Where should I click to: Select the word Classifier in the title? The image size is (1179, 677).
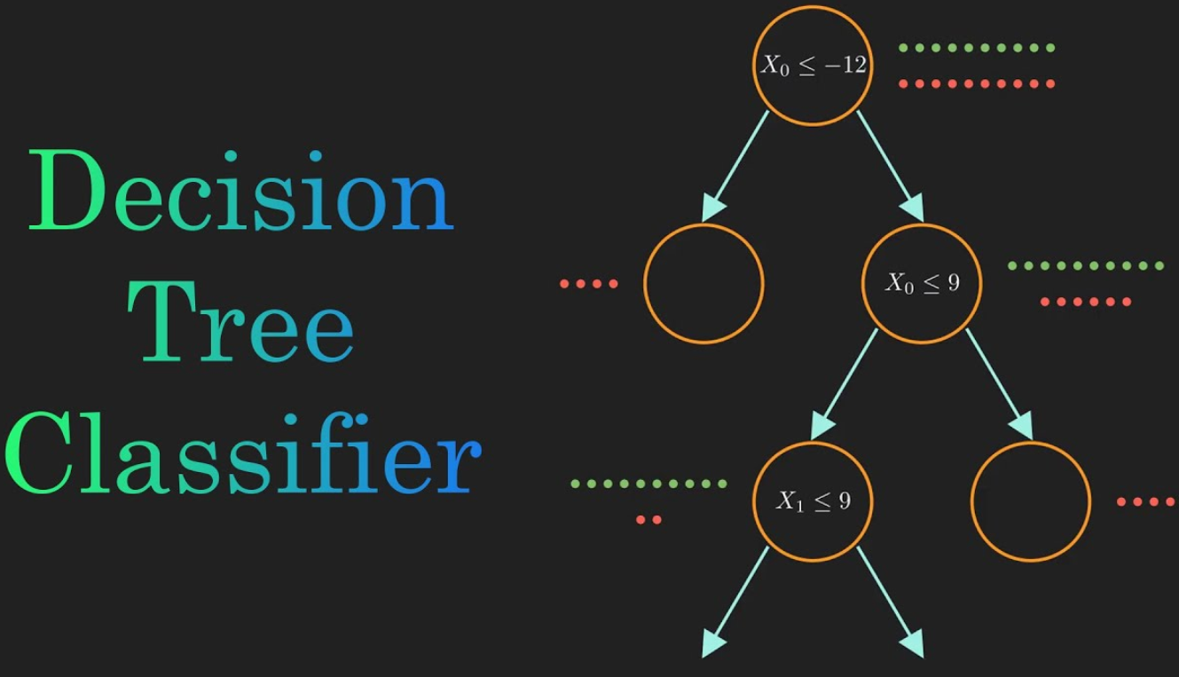point(243,453)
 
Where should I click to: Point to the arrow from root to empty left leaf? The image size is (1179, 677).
point(735,166)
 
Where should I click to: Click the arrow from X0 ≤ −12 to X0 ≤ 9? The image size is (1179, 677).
point(891,166)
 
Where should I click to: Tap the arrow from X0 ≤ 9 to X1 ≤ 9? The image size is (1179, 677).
point(845,384)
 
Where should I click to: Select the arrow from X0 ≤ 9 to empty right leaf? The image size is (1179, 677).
point(1000,384)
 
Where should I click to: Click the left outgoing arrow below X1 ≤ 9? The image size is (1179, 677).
point(735,602)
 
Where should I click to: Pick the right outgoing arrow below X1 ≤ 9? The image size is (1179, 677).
point(891,602)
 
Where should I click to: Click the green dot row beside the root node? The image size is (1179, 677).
point(977,48)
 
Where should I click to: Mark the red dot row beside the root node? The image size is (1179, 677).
point(977,83)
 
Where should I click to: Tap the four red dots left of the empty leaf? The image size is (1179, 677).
point(589,284)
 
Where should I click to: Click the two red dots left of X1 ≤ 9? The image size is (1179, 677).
point(648,520)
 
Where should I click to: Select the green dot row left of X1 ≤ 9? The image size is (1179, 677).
point(649,484)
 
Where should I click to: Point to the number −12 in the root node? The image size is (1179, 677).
point(845,65)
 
